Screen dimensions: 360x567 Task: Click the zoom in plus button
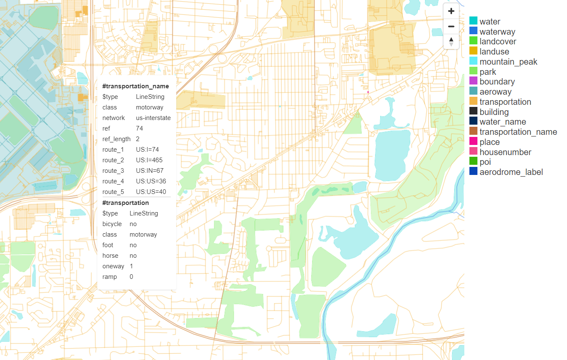pyautogui.click(x=451, y=11)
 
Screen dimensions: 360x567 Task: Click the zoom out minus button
pyautogui.click(x=451, y=27)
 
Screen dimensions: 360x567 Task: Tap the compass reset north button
pyautogui.click(x=451, y=41)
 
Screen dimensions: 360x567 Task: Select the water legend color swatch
pyautogui.click(x=473, y=22)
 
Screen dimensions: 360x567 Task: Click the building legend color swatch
pyautogui.click(x=473, y=112)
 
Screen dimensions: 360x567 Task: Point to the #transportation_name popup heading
pyautogui.click(x=136, y=86)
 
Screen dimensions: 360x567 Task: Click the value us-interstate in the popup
pyautogui.click(x=153, y=118)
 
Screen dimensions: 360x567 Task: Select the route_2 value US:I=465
pyautogui.click(x=149, y=160)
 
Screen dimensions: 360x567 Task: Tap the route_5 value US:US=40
pyautogui.click(x=151, y=192)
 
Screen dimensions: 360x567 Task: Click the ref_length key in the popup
pyautogui.click(x=116, y=139)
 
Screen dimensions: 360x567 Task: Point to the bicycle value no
pyautogui.click(x=133, y=224)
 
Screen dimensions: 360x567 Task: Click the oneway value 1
pyautogui.click(x=131, y=266)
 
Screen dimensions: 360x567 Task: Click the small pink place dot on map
pyautogui.click(x=368, y=92)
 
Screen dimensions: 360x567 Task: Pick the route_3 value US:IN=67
pyautogui.click(x=150, y=171)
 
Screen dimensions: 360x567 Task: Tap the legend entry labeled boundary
pyautogui.click(x=497, y=82)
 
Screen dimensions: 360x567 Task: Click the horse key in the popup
pyautogui.click(x=110, y=256)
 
